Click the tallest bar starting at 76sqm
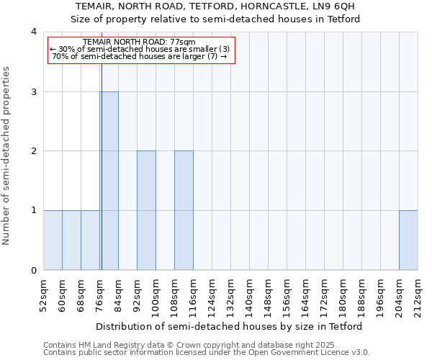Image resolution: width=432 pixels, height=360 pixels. (109, 181)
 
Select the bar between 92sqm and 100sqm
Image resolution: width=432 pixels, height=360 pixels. (147, 210)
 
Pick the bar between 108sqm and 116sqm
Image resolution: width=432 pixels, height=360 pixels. (184, 210)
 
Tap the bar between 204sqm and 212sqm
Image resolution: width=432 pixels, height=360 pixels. (409, 240)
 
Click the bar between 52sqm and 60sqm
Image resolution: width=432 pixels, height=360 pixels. (53, 240)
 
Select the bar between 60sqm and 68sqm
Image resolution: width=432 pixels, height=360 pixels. (71, 240)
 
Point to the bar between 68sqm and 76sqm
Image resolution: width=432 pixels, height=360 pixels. (90, 240)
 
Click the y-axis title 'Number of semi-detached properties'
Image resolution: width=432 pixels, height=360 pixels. (7, 156)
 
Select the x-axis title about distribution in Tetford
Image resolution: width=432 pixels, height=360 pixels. (230, 326)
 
